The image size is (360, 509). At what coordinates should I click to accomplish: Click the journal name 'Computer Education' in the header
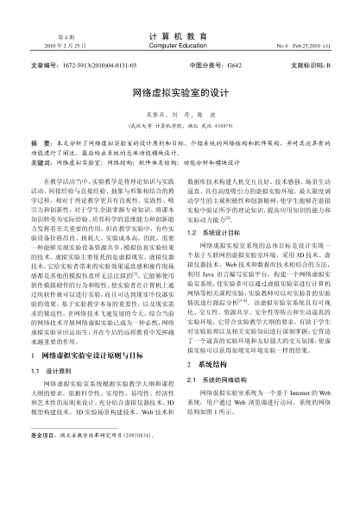[179, 45]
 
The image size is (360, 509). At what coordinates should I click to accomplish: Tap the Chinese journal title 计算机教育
[179, 35]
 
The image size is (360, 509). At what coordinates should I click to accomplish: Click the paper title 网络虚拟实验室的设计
[180, 90]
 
